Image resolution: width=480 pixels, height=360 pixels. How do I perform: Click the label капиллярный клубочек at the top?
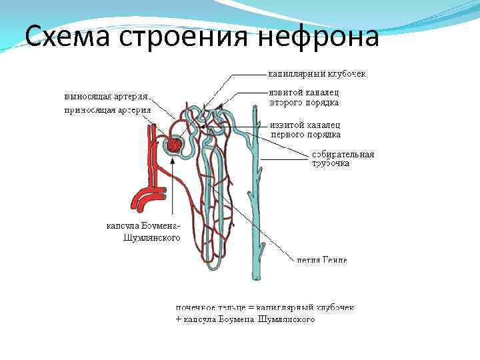click(317, 73)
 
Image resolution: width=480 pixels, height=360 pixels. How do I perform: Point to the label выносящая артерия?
click(107, 95)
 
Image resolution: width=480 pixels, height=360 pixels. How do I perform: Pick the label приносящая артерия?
click(107, 109)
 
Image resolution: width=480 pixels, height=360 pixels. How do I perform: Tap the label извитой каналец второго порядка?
click(304, 97)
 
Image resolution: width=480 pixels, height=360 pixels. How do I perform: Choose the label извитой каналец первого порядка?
click(306, 129)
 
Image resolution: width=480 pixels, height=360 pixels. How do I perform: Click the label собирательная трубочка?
click(343, 159)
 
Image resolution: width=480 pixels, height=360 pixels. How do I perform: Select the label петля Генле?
click(322, 259)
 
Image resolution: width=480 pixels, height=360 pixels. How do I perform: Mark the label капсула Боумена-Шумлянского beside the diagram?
click(143, 231)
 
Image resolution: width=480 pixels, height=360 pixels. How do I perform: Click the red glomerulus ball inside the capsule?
click(175, 145)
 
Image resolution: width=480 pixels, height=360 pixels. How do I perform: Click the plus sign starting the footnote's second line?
click(178, 320)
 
